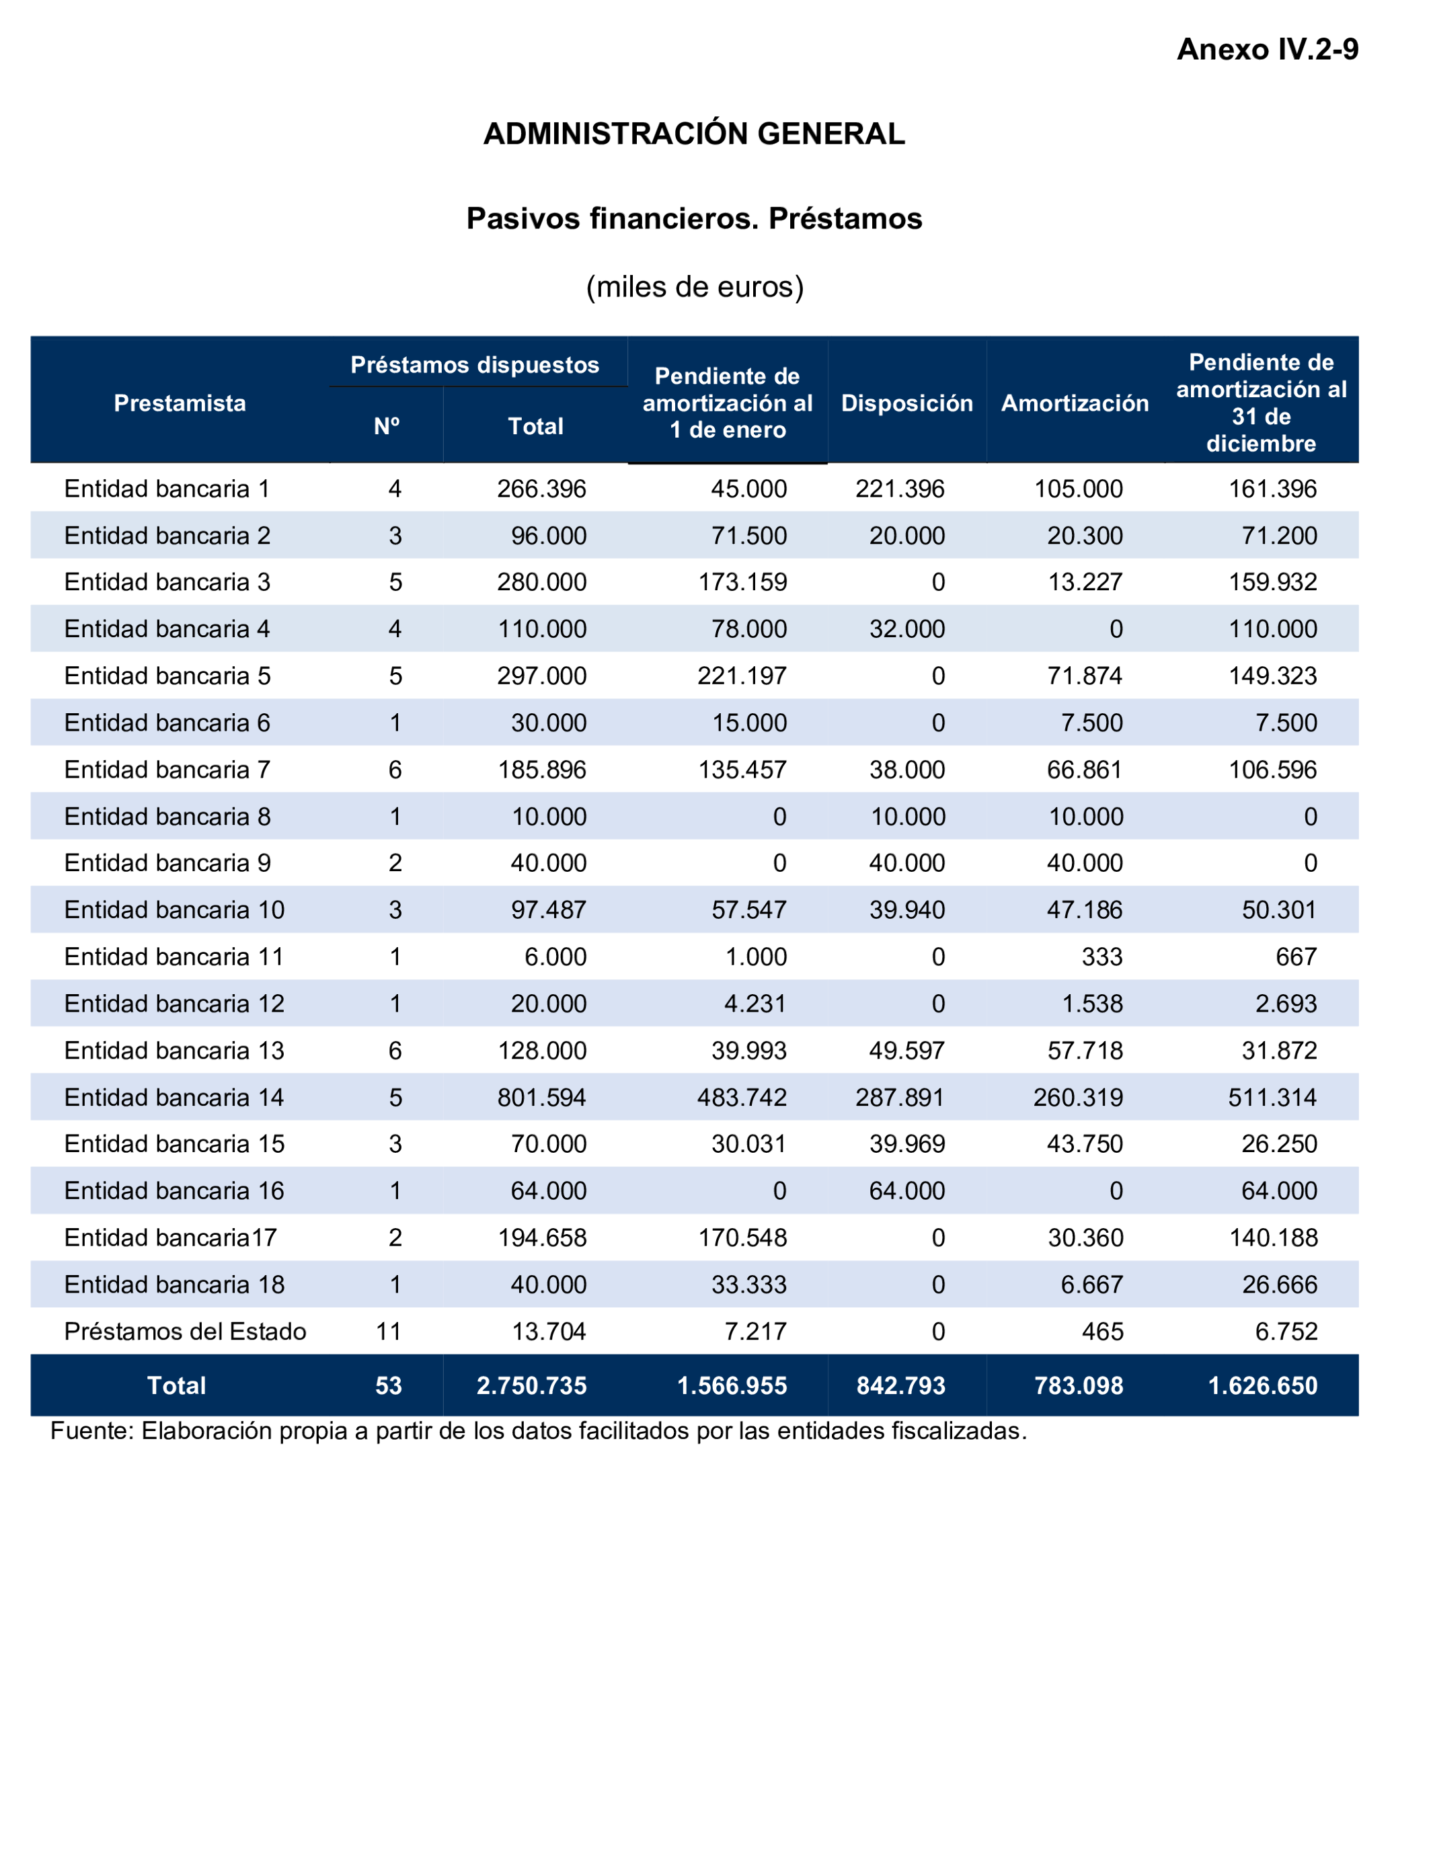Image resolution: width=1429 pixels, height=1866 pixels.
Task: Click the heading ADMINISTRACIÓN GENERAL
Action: pyautogui.click(x=694, y=134)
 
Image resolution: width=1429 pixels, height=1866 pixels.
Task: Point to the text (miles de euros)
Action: pyautogui.click(x=694, y=287)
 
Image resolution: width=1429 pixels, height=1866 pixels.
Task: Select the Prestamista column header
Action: pyautogui.click(x=180, y=403)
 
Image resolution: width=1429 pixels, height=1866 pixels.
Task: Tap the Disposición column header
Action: pyautogui.click(x=906, y=403)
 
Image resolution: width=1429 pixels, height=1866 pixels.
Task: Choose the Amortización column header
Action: pyautogui.click(x=1075, y=403)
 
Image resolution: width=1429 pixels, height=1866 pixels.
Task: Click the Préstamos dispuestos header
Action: pyautogui.click(x=475, y=366)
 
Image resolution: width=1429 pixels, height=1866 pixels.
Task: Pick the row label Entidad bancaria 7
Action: pyautogui.click(x=167, y=770)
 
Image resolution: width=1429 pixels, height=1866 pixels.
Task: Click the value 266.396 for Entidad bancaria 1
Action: pyautogui.click(x=542, y=489)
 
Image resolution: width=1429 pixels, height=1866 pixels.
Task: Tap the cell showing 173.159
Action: pyautogui.click(x=742, y=582)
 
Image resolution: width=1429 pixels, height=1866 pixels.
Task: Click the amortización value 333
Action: pyautogui.click(x=1102, y=957)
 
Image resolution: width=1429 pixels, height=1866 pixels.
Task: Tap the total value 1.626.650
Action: pyautogui.click(x=1263, y=1385)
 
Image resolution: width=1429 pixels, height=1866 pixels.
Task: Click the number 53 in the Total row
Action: pyautogui.click(x=389, y=1385)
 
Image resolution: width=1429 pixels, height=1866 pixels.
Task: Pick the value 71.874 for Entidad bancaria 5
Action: pyautogui.click(x=1085, y=676)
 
